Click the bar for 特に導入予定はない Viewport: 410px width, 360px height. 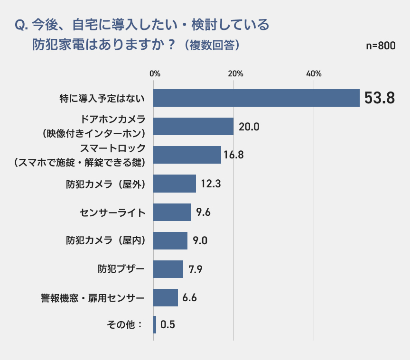pyautogui.click(x=257, y=98)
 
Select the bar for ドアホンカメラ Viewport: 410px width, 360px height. pyautogui.click(x=194, y=127)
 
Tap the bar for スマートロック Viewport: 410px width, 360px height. pyautogui.click(x=187, y=155)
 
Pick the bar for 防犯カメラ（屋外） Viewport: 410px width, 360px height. pyautogui.click(x=175, y=184)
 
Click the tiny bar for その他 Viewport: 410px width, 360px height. pyautogui.click(x=155, y=325)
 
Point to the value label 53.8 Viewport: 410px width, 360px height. pyautogui.click(x=379, y=98)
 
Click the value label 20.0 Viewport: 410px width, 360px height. pyautogui.click(x=249, y=127)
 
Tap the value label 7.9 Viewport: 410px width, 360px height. pyautogui.click(x=196, y=269)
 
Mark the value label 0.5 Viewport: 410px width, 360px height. pyautogui.click(x=168, y=325)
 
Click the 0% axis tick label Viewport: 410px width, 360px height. pyautogui.click(x=155, y=74)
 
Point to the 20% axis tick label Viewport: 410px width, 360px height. pyautogui.click(x=235, y=74)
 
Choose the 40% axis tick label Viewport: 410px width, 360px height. pyautogui.click(x=314, y=74)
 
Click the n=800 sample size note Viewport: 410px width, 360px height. pyautogui.click(x=381, y=46)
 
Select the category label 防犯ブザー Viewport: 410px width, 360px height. pyautogui.click(x=121, y=269)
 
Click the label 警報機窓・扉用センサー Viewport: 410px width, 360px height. pyautogui.click(x=93, y=298)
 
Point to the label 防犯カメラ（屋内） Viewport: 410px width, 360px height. pyautogui.click(x=105, y=240)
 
